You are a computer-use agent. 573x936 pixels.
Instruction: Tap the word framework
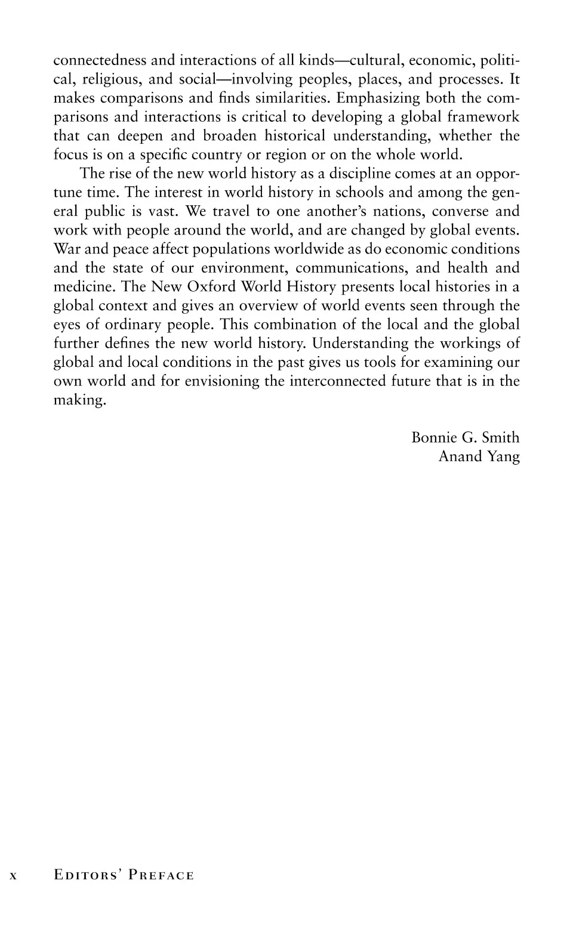coord(483,117)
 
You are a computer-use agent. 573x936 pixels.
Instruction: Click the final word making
coord(79,401)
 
